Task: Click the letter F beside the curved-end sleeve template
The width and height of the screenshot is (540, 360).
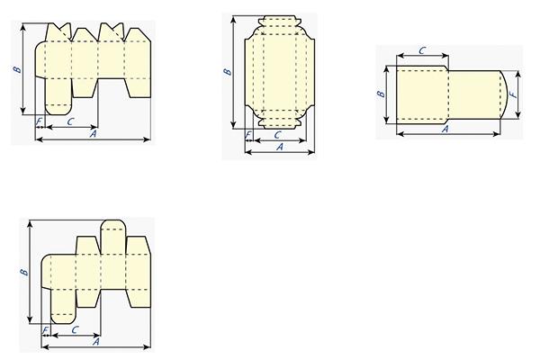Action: [514, 94]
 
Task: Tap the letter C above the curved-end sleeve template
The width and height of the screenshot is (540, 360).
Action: [422, 50]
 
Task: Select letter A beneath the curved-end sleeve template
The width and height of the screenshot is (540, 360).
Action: [445, 130]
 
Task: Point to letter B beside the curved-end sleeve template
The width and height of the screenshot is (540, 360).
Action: [381, 94]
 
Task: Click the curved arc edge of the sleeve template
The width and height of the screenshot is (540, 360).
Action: [506, 94]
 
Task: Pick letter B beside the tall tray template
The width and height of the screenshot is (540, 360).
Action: [228, 72]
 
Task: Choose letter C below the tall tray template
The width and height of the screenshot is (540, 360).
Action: [278, 135]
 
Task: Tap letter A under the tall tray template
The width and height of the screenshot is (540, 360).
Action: [280, 147]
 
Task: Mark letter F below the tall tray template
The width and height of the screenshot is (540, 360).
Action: [248, 135]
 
